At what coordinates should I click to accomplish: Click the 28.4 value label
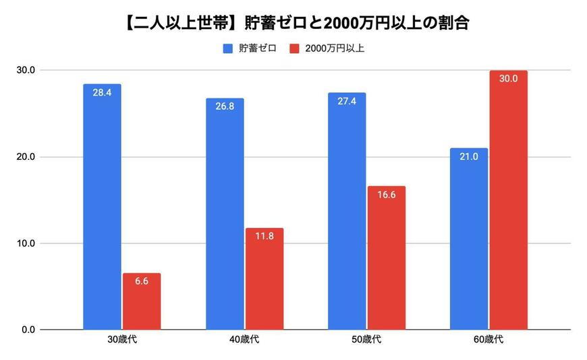[x=102, y=93]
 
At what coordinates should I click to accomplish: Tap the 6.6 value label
[x=142, y=282]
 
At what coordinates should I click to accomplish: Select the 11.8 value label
[x=264, y=237]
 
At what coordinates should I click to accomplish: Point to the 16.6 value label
[x=387, y=195]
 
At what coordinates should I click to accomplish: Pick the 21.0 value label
[x=469, y=157]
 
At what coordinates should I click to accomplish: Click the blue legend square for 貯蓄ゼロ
[x=227, y=49]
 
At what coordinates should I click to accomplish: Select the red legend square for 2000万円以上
[x=293, y=49]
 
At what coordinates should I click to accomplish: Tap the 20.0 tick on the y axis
[x=27, y=156]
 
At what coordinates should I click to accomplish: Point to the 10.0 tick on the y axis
[x=27, y=243]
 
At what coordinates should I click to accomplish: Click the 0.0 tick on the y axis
[x=29, y=330]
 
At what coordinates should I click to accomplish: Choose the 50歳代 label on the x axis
[x=366, y=340]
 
